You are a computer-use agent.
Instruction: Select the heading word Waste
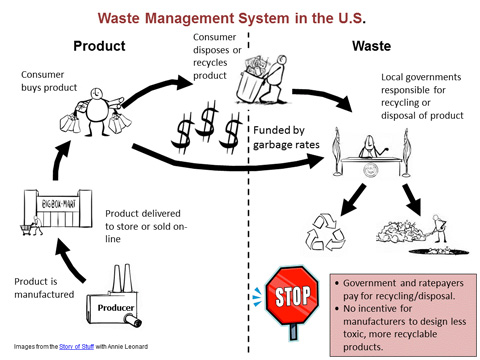372,45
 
